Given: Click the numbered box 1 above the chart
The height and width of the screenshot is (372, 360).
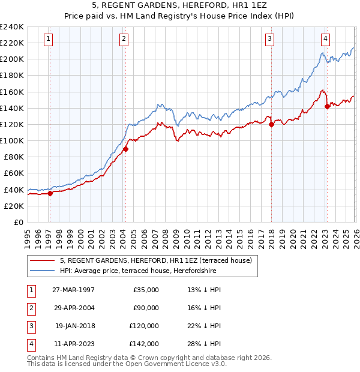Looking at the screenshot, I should pos(47,40).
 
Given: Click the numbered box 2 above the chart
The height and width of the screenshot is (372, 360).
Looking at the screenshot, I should pos(123,40).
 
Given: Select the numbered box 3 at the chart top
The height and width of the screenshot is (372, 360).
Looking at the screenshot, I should pos(269,40).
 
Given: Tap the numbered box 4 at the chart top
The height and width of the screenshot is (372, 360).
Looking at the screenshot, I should pos(325,40).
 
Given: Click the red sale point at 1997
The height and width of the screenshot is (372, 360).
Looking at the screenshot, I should pos(50,193).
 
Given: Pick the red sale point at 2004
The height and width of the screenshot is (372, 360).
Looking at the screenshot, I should pos(125,149).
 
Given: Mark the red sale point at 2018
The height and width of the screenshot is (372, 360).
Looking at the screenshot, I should pos(271,125).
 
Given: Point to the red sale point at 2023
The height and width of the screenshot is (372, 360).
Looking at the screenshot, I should pos(327,107).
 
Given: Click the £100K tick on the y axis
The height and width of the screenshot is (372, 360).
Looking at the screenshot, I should pos(12,140).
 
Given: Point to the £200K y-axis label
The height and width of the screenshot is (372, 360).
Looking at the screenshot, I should pos(12,59).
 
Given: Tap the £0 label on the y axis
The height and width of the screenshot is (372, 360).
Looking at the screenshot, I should pos(18,222).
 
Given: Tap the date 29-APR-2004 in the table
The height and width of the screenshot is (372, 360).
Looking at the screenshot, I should pos(73,308).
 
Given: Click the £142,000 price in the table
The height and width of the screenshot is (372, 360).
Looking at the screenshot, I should pos(144,344).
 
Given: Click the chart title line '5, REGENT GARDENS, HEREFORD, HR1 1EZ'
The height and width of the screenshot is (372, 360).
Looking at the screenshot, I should pos(180,5).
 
